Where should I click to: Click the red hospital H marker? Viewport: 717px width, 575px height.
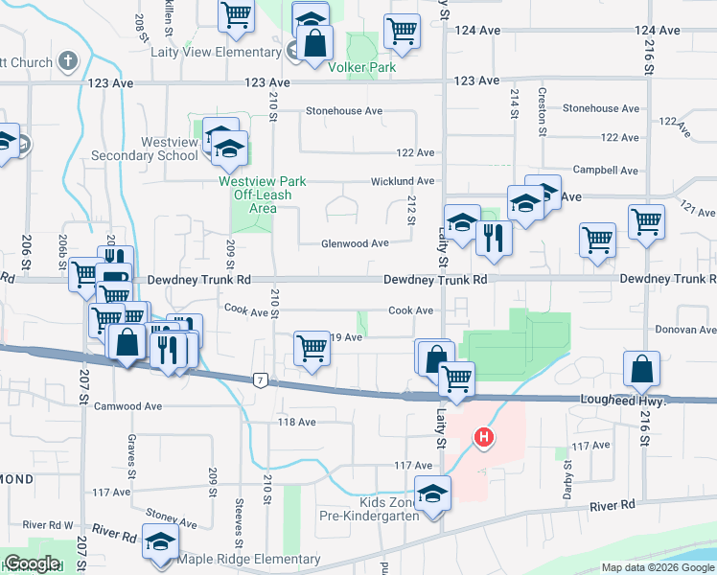click(x=485, y=439)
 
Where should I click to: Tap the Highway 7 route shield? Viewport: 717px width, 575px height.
click(x=259, y=380)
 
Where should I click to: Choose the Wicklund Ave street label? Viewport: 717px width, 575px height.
click(x=404, y=180)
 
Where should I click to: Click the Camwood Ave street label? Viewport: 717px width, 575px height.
click(x=127, y=406)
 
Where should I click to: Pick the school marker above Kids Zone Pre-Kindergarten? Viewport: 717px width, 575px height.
click(x=433, y=494)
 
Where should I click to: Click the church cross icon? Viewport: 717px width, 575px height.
click(x=67, y=62)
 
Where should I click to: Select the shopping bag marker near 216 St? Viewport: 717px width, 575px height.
click(x=641, y=369)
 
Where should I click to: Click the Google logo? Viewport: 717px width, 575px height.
click(x=31, y=564)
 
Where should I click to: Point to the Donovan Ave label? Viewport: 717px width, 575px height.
click(x=685, y=330)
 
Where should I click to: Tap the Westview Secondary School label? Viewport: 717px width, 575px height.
click(x=156, y=149)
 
